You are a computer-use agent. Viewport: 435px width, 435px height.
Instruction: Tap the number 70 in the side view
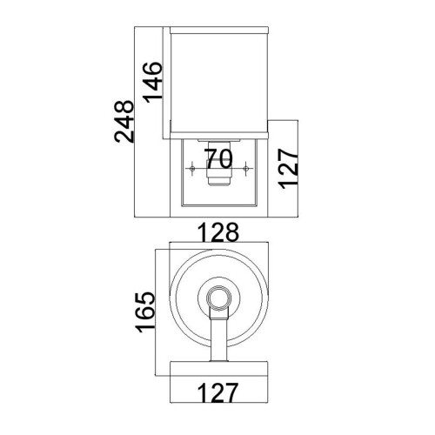pos(218,158)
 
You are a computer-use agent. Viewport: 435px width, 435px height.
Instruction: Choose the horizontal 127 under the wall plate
pos(217,392)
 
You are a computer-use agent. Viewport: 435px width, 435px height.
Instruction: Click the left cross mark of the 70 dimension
pos(190,165)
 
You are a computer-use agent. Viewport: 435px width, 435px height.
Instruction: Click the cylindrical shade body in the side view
pos(217,83)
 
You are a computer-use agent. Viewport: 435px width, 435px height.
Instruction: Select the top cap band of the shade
pos(217,31)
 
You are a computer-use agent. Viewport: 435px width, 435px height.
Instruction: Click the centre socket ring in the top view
pos(217,300)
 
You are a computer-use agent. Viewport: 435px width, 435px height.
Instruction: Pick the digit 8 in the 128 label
pos(232,233)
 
